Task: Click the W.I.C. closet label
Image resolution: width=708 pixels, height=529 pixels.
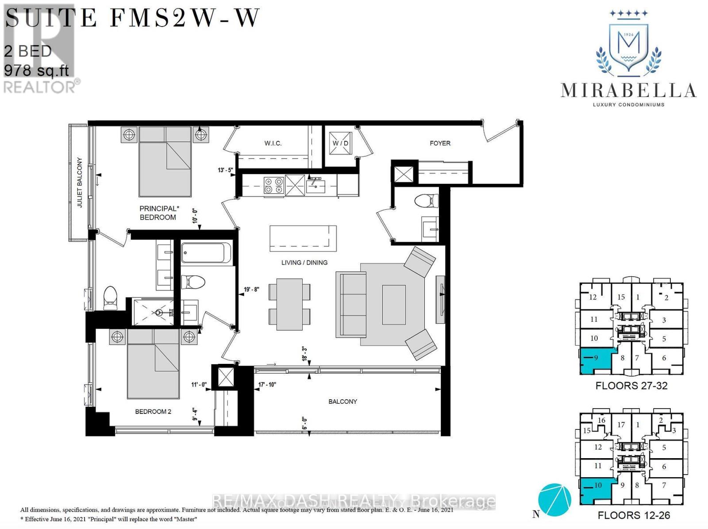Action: coord(273,143)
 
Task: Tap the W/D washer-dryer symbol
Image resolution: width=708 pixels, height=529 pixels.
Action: coord(341,143)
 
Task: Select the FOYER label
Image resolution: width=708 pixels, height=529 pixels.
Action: coord(440,143)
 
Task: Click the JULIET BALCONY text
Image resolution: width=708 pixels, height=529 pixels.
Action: coord(80,182)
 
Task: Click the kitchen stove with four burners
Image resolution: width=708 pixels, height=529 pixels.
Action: coord(273,185)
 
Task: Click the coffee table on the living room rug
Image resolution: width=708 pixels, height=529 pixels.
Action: coord(394,305)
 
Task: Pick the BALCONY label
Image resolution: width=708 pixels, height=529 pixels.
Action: coord(342,402)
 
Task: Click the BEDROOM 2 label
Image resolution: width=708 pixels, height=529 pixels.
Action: coord(153,412)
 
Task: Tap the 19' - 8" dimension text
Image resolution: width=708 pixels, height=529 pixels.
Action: coord(251,290)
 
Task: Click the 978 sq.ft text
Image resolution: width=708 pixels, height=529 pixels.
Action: coord(36,70)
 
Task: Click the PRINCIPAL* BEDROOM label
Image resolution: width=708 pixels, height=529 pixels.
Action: coord(158,213)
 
